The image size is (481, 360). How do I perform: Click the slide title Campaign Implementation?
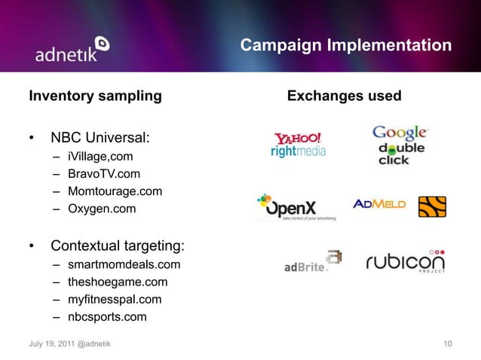(x=346, y=47)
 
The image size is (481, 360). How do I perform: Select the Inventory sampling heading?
(x=95, y=96)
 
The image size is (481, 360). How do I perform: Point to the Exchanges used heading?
(x=345, y=96)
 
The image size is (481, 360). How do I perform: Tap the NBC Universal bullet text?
(x=100, y=139)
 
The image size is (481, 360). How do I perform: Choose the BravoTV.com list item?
(x=104, y=174)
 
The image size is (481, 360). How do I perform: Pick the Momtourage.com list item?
(x=115, y=191)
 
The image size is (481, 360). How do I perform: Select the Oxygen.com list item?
(x=102, y=208)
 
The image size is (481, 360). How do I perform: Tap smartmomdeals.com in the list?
(x=124, y=265)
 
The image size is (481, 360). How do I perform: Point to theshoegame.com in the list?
(x=118, y=282)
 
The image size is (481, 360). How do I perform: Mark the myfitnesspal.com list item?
(x=114, y=300)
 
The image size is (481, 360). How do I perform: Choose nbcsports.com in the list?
(x=107, y=317)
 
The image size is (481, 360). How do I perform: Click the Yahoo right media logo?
(x=298, y=145)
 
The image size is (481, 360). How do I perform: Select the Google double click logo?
(x=400, y=145)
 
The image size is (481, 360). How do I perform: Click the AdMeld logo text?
(x=379, y=204)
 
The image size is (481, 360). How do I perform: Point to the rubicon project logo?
(x=405, y=261)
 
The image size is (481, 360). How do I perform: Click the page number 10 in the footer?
(x=448, y=344)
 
